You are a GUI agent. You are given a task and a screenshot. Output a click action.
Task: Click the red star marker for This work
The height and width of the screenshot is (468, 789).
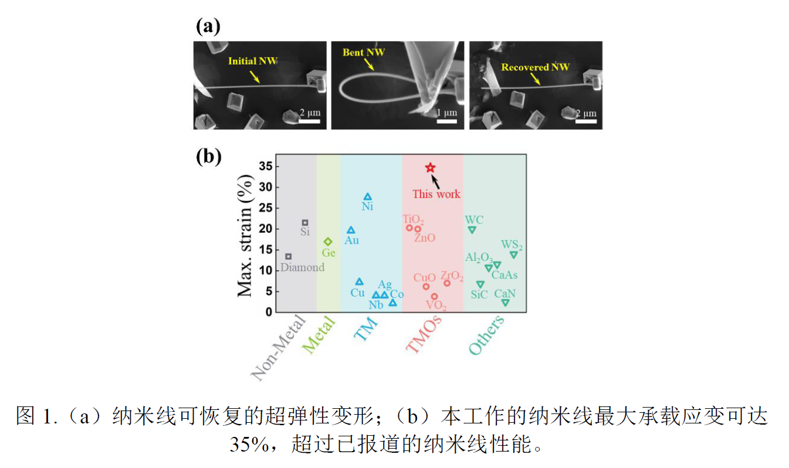click(430, 168)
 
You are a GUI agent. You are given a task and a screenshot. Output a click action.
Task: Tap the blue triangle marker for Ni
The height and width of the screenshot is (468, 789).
click(368, 197)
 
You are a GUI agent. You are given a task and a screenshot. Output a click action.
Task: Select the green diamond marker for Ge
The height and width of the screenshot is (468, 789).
click(328, 242)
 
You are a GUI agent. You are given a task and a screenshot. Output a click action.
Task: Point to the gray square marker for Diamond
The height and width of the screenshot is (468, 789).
click(288, 256)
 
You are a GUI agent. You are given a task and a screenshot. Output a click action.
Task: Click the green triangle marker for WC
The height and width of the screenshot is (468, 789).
click(472, 230)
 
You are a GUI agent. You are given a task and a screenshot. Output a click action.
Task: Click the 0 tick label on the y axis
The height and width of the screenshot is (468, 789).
click(269, 312)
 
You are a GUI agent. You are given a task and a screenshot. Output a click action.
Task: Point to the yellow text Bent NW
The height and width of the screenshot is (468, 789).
click(364, 52)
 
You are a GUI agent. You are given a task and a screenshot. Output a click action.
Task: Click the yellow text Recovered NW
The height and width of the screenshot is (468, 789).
click(535, 67)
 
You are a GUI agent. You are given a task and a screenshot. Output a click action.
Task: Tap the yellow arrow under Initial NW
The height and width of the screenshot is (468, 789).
click(254, 77)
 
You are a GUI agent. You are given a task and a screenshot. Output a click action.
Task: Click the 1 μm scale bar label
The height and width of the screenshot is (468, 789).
click(446, 113)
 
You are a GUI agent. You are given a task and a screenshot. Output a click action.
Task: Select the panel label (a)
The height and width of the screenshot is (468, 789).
click(208, 27)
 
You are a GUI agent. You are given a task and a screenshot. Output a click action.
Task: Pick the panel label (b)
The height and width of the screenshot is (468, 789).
click(208, 157)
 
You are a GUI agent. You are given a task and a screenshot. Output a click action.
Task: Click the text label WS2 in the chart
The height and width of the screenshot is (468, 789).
click(512, 245)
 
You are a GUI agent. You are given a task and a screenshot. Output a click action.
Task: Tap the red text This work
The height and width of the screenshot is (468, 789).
click(436, 194)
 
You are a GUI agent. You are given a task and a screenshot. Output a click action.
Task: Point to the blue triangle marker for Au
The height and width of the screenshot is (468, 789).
click(351, 230)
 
